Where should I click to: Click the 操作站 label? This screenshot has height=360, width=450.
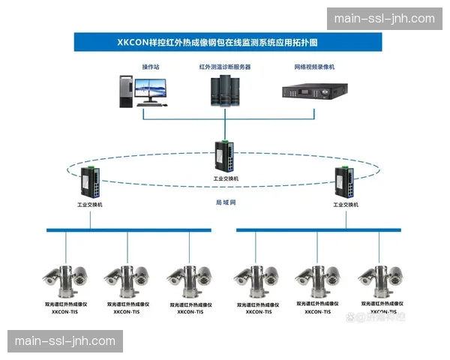coord(151,67)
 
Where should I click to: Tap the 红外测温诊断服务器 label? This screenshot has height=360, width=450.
coord(225,67)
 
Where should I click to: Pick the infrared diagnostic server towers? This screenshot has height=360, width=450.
coord(224,89)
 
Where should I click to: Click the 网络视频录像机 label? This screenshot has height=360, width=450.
coord(315,67)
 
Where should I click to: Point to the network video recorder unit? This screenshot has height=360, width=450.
coord(315,91)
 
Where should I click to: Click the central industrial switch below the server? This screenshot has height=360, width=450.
coord(225,155)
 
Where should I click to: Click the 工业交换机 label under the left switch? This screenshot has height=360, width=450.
coord(90,204)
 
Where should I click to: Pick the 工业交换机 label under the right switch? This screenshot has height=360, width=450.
coord(346,204)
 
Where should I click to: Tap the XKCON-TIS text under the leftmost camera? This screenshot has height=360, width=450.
coord(64,311)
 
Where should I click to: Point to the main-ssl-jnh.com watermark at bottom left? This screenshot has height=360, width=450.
coord(65,341)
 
